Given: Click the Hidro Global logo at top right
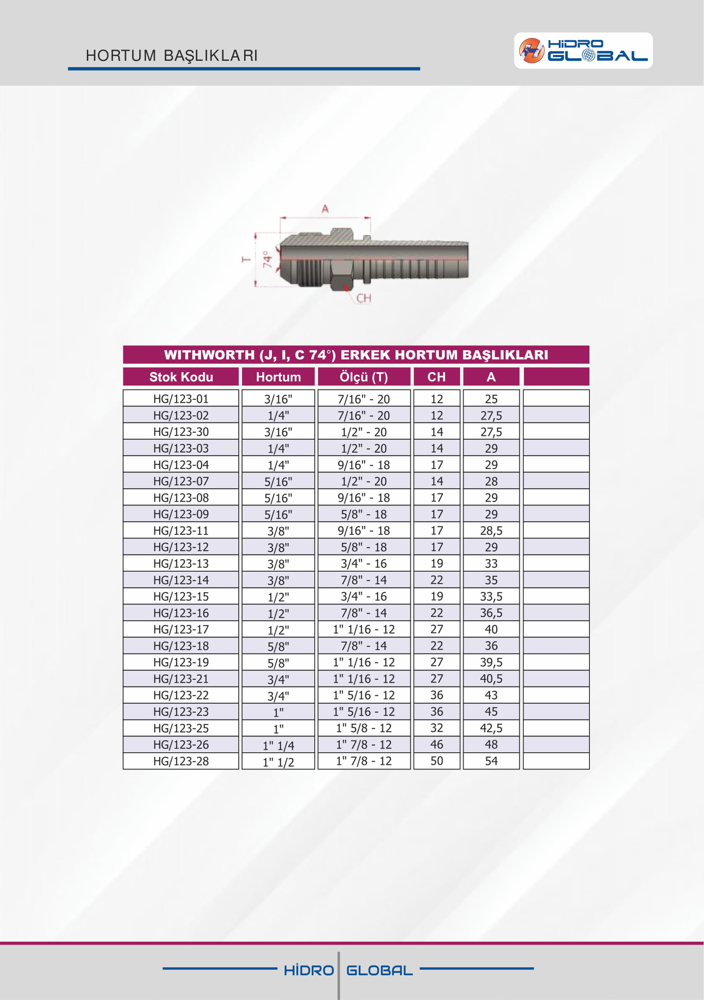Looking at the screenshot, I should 583,51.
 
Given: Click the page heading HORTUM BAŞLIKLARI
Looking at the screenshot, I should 172,56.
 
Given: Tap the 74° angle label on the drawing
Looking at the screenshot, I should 267,259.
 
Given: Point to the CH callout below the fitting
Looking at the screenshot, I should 364,298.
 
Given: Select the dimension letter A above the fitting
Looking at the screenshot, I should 325,209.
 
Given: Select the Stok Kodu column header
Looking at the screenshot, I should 181,377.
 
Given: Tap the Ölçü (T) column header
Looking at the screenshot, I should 364,377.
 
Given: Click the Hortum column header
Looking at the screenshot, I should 278,377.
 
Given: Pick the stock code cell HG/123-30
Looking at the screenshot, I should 181,432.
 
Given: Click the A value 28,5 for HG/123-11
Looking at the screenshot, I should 491,531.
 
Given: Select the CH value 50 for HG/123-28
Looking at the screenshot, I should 436,761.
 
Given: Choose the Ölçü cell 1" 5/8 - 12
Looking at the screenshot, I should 364,728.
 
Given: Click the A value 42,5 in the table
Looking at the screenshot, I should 491,728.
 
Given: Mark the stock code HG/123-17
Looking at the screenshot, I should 181,630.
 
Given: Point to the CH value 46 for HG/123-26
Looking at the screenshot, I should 436,744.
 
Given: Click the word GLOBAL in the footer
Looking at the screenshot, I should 379,970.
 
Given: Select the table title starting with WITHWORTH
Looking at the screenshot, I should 356,355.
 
